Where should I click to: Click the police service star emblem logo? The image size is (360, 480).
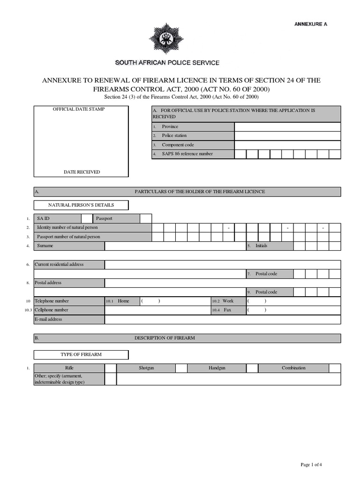(x=167, y=39)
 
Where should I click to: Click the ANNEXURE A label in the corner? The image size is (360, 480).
(x=310, y=24)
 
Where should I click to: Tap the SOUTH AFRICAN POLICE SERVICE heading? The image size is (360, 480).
(x=167, y=63)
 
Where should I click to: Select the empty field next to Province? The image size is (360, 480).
(x=287, y=127)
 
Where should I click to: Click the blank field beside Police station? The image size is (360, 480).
(x=287, y=136)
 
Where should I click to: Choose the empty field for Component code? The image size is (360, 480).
(x=287, y=145)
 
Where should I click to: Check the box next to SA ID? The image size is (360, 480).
(x=87, y=218)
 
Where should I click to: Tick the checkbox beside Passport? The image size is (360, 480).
(x=146, y=218)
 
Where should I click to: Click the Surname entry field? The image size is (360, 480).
(x=175, y=246)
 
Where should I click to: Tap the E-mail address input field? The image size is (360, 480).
(x=222, y=320)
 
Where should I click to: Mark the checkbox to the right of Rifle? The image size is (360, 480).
(x=111, y=368)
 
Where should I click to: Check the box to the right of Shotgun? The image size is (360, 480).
(x=181, y=368)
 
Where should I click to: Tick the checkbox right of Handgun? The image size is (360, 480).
(x=252, y=368)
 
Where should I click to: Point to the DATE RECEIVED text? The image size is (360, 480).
(x=82, y=172)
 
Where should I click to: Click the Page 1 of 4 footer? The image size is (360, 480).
(x=311, y=465)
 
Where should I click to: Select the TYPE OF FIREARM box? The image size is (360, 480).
(x=81, y=355)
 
